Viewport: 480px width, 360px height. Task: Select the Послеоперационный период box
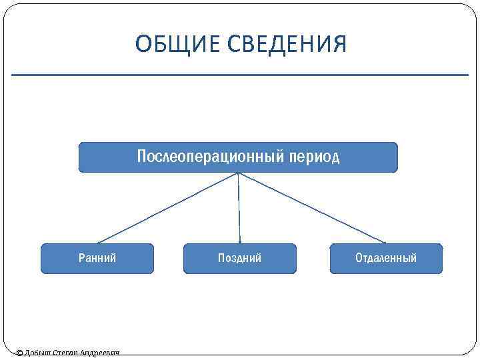[x=238, y=157]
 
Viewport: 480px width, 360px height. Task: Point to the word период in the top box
[x=315, y=157]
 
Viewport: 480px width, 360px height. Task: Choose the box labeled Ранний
[x=97, y=259]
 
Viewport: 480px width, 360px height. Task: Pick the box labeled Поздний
[x=239, y=259]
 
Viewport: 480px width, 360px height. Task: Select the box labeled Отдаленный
[x=386, y=259]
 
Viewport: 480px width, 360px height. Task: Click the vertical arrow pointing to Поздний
[x=239, y=207]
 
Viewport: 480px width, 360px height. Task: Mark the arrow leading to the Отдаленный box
[x=312, y=207]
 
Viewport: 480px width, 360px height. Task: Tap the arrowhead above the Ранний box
[x=99, y=241]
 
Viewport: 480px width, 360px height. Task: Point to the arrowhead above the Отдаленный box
[x=383, y=241]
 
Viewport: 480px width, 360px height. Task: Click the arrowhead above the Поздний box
[x=240, y=241]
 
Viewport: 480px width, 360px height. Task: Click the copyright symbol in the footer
[x=19, y=353]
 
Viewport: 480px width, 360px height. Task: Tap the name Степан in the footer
[x=65, y=353]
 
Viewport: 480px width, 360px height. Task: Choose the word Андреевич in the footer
[x=99, y=353]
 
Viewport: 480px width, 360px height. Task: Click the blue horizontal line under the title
[x=240, y=75]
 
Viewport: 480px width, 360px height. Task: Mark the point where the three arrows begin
[x=238, y=173]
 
